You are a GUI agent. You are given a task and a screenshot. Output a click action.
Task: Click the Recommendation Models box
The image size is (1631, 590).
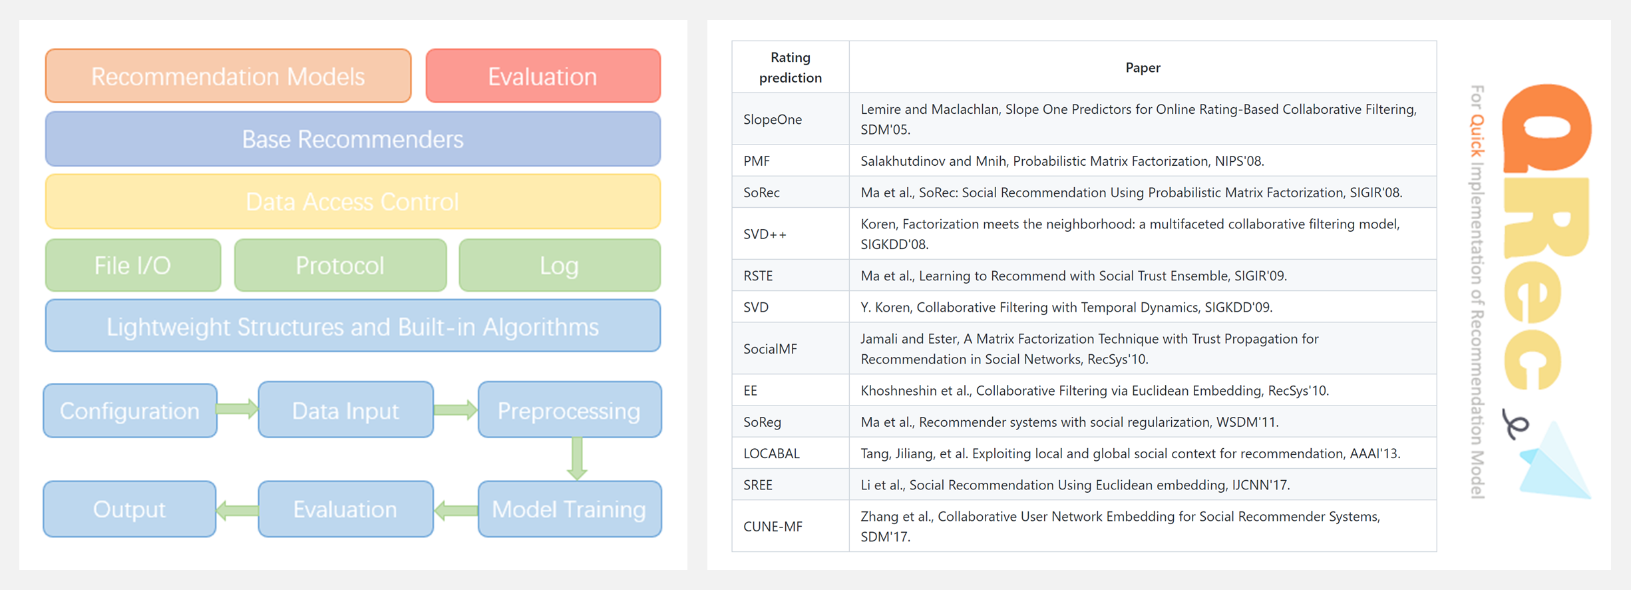(228, 76)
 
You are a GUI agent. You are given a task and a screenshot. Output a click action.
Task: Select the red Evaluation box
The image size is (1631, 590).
(543, 76)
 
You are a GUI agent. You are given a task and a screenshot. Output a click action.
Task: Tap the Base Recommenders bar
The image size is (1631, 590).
(353, 139)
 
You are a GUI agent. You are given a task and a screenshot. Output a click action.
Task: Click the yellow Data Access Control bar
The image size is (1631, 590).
(353, 201)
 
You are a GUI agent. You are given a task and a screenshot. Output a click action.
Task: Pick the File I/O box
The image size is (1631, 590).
(133, 265)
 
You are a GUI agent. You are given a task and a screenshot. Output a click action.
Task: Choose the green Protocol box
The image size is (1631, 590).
(340, 265)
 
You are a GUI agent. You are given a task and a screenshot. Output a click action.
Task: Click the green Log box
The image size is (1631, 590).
(560, 265)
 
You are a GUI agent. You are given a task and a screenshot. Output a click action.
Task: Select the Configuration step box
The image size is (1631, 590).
(130, 410)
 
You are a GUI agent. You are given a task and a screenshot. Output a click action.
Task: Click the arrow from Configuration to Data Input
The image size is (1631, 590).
(238, 408)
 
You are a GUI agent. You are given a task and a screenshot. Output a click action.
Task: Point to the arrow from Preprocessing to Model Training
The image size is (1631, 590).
(577, 458)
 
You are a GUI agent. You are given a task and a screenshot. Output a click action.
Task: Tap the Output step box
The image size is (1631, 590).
(130, 509)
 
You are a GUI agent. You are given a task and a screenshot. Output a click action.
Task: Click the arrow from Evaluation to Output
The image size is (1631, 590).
(238, 511)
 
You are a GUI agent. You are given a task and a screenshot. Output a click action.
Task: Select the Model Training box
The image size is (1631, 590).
(570, 509)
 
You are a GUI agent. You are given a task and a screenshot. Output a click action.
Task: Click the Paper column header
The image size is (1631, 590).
(1143, 67)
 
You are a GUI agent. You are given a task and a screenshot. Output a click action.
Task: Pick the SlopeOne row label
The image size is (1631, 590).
(773, 119)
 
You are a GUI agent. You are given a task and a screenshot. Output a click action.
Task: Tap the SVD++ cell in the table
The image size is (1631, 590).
(765, 234)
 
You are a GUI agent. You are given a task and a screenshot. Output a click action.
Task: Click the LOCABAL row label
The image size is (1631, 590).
(771, 453)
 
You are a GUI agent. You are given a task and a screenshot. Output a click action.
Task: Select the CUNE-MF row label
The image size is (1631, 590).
(773, 526)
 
